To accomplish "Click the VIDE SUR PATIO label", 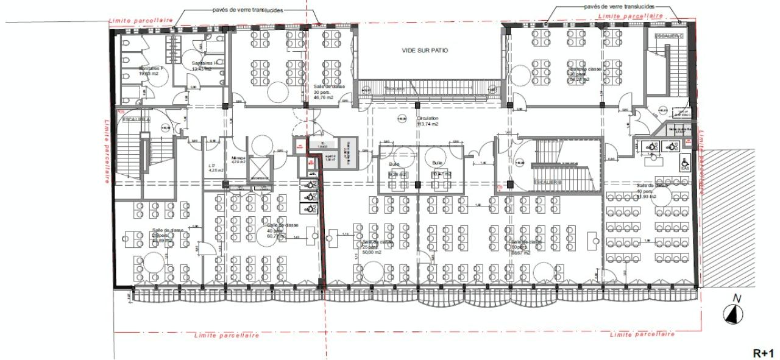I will [424, 51].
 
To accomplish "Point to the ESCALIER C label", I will [667, 37].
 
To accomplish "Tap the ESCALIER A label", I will [135, 119].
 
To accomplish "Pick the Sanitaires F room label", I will [149, 71].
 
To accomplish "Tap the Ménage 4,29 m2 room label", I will [238, 160].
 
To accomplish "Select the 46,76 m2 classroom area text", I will [324, 97].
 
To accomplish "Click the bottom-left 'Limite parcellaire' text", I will [226, 335].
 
